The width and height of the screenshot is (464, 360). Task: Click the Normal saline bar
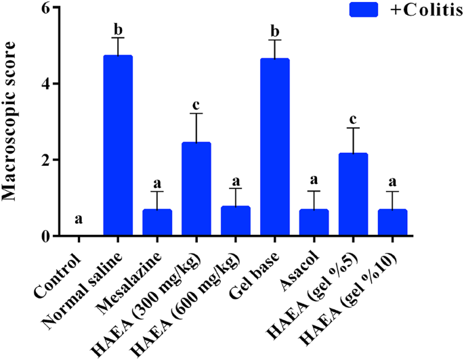click(118, 145)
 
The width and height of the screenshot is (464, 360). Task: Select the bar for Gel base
click(274, 148)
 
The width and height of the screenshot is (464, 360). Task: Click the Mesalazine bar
click(156, 223)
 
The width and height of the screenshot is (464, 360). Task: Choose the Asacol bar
click(314, 223)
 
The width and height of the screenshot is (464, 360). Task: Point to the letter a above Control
click(79, 221)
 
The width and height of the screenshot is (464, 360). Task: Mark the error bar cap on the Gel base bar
click(274, 40)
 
